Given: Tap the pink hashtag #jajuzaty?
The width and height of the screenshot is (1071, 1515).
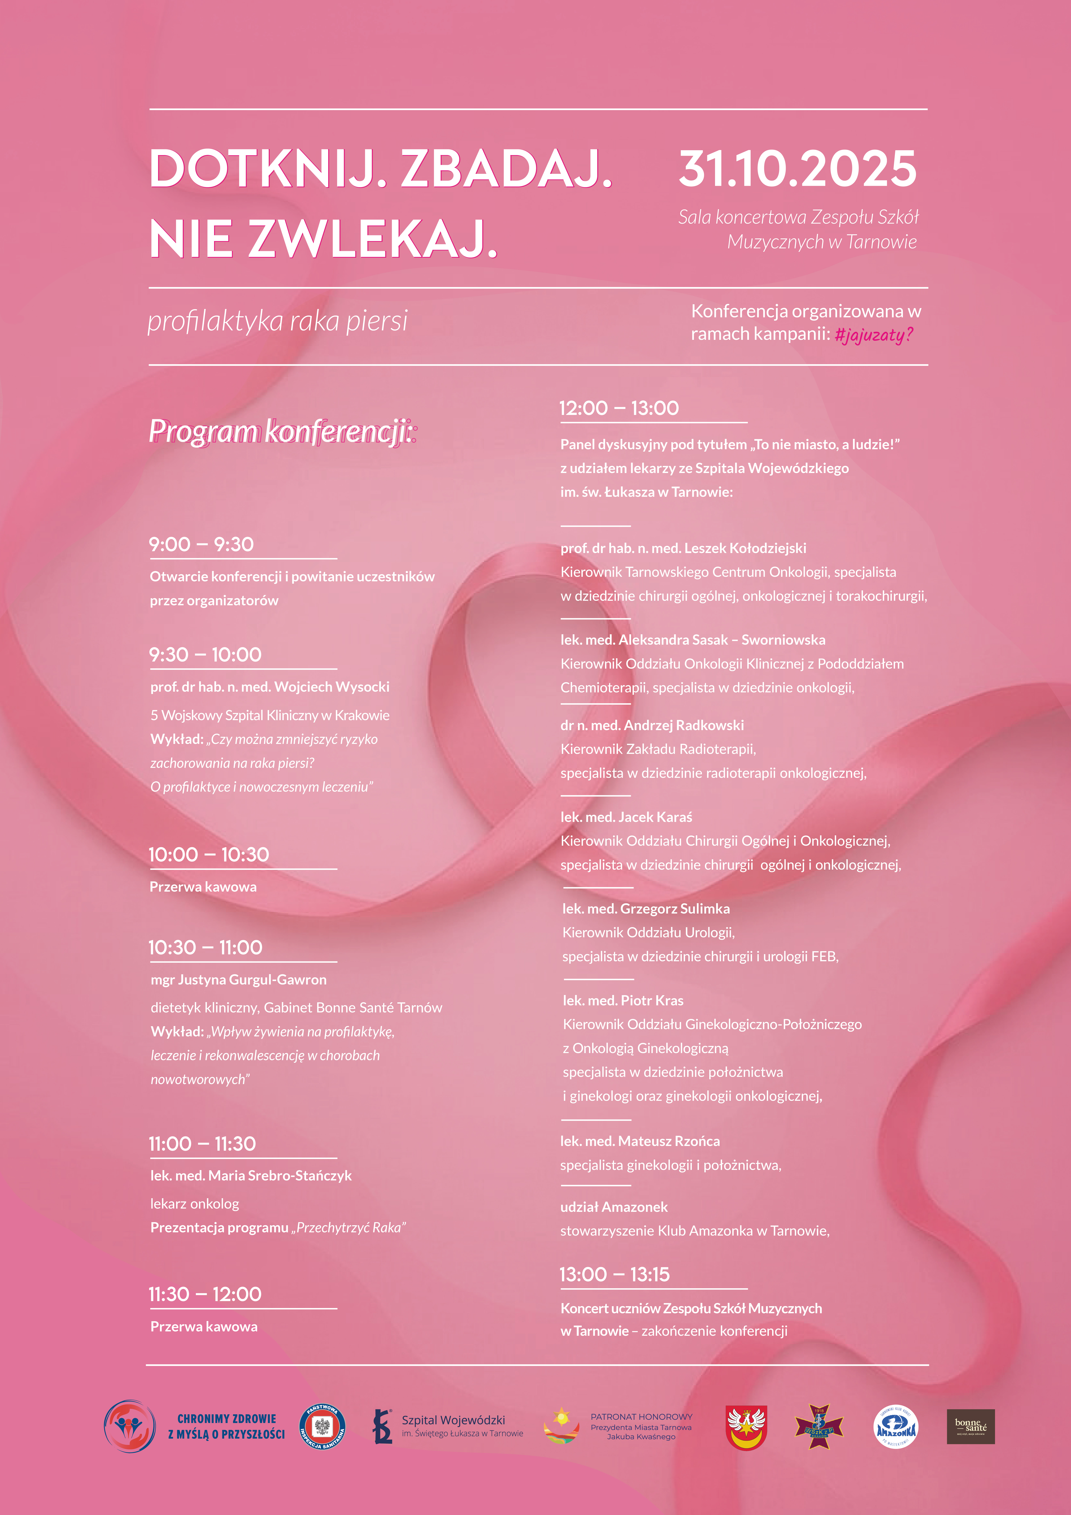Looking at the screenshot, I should tap(874, 335).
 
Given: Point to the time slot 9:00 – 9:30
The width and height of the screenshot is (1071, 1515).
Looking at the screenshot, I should tap(201, 544).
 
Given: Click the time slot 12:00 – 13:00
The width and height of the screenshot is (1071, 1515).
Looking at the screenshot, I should tap(619, 408).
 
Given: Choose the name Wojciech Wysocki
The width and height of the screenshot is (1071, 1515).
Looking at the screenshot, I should tap(332, 686).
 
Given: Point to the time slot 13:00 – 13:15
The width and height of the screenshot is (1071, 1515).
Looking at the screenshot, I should tap(614, 1274).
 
